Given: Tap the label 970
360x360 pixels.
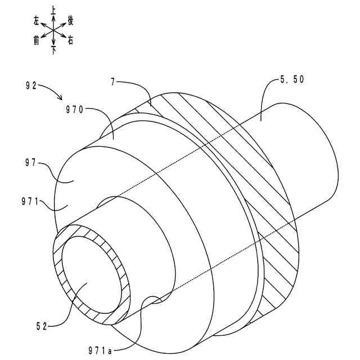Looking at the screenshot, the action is point(73,110).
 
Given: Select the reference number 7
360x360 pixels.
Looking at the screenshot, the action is point(113,82).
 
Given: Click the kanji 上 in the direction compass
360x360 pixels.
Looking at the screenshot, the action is point(53,10).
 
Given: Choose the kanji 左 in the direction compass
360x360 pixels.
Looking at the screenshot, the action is point(37,21).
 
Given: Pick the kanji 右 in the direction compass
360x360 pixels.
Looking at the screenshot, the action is point(70,40).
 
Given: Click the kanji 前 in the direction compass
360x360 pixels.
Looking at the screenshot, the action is point(36,40).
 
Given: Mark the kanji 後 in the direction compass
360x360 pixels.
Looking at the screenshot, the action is point(71,20).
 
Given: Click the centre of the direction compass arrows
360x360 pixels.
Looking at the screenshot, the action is point(53,30).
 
